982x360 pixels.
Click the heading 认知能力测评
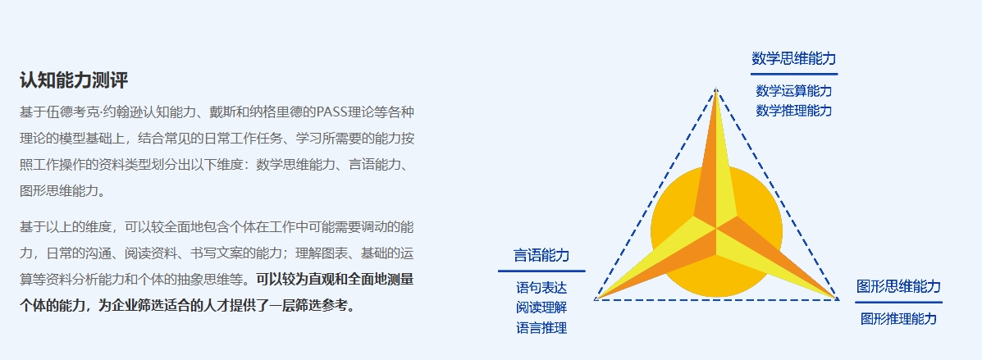[74, 80]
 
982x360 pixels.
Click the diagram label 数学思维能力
[793, 59]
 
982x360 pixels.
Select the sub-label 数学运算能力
[793, 91]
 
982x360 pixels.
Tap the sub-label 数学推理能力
[793, 111]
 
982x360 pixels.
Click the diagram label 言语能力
[541, 255]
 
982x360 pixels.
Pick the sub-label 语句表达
[541, 288]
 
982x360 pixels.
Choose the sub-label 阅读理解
[541, 308]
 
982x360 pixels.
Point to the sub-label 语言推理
[541, 327]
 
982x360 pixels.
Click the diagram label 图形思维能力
[898, 287]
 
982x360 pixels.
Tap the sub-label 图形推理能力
[898, 319]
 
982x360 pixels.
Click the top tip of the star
[716, 89]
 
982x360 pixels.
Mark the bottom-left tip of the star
[596, 299]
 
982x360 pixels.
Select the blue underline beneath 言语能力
[541, 271]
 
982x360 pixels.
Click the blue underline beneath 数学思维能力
[793, 74]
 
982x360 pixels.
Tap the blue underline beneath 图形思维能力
[898, 303]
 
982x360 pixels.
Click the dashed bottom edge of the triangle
[716, 300]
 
